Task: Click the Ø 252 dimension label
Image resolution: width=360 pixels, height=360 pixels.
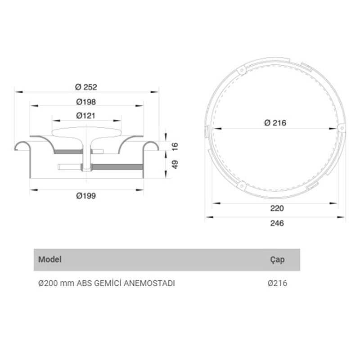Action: click(86, 87)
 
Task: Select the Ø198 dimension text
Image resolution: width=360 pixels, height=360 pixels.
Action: click(86, 102)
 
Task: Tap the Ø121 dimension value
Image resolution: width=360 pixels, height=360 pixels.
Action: click(85, 116)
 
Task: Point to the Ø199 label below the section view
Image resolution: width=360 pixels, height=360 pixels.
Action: click(86, 196)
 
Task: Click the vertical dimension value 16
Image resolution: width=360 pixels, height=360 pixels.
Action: click(175, 147)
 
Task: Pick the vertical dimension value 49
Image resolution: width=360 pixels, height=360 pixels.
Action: click(175, 164)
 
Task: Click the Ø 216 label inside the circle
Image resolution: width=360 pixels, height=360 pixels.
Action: click(275, 123)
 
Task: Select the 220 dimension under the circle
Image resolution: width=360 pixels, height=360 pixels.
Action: click(277, 208)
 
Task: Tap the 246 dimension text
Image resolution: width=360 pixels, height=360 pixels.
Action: click(277, 223)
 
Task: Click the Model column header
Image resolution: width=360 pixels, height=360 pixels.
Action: click(50, 260)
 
